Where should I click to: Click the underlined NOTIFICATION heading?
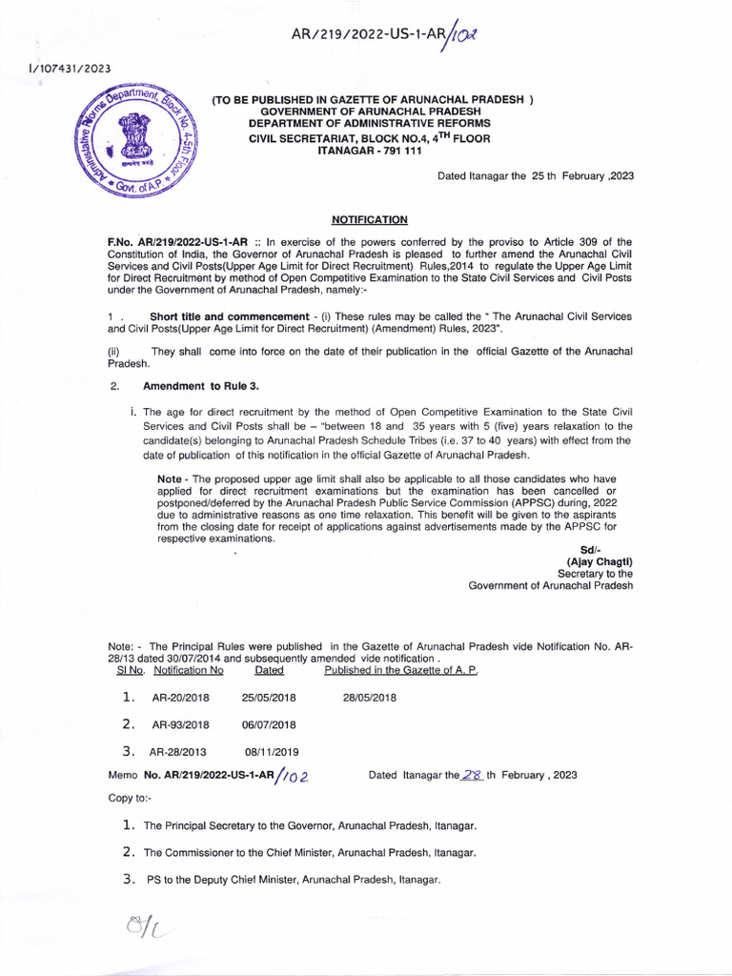369,219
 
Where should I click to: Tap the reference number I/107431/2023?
57,68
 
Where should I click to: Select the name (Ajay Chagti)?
600,561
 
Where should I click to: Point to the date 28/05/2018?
370,698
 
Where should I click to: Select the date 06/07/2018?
269,724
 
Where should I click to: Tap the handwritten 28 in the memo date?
472,775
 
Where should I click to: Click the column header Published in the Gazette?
400,670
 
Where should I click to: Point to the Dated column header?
269,670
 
